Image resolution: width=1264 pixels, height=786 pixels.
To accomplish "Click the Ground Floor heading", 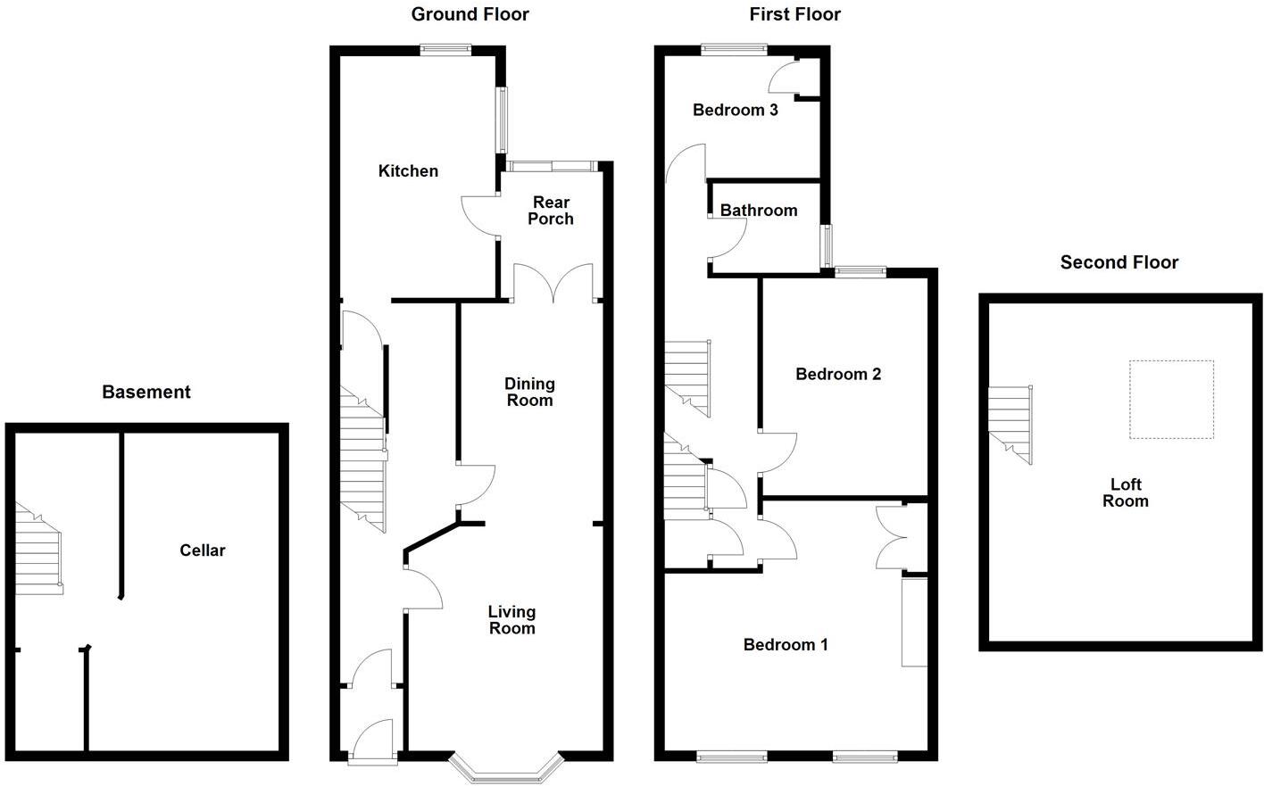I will [x=470, y=14].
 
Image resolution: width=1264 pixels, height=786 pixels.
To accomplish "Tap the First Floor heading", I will [x=794, y=14].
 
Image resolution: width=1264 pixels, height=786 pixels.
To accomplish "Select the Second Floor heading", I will [x=1118, y=262].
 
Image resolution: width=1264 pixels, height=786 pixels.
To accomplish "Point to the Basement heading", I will [x=146, y=392].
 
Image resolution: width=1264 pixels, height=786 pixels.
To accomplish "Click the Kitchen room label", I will [x=408, y=170].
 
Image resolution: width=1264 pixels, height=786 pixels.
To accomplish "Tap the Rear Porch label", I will [x=551, y=211].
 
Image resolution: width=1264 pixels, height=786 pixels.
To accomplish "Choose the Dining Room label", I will [x=529, y=392].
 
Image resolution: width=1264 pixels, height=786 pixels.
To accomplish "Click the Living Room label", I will [x=511, y=620].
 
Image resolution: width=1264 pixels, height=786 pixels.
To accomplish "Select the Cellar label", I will [x=203, y=550].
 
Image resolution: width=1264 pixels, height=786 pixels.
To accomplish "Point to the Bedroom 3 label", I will [x=736, y=110].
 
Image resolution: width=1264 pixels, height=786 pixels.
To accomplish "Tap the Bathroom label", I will [x=759, y=211].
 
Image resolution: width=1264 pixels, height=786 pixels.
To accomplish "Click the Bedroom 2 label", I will [x=838, y=374].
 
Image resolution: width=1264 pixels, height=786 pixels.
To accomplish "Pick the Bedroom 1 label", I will [x=786, y=644].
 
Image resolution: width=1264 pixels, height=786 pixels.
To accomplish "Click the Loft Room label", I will [x=1125, y=492].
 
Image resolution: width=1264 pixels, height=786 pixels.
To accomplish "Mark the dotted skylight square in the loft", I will [x=1171, y=399].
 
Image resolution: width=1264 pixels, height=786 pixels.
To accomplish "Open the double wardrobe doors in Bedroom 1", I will [x=891, y=537].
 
